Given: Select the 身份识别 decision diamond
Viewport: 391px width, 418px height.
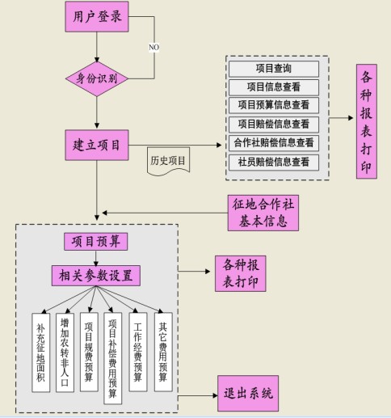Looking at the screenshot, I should [x=96, y=78].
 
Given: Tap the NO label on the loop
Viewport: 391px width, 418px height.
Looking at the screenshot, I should [x=153, y=47].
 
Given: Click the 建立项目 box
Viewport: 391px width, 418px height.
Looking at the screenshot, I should [x=96, y=145].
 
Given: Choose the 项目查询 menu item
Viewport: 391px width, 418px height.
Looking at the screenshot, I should [x=273, y=70].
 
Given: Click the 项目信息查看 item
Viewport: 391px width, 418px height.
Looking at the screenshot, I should [x=273, y=87].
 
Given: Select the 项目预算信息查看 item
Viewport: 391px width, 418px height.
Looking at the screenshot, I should [x=273, y=105].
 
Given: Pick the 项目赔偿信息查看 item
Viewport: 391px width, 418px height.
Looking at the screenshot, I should [x=273, y=125].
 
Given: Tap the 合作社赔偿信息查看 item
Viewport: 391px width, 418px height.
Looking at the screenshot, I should [x=273, y=143].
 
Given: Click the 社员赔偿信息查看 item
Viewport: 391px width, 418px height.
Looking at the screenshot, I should [x=273, y=162].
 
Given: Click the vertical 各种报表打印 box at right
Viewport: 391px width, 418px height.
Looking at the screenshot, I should [x=366, y=121].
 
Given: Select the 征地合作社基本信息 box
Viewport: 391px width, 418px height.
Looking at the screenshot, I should [x=262, y=213].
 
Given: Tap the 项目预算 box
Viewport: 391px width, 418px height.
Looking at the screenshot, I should [x=96, y=242].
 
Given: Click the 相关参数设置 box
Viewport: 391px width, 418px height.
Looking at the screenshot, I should [x=96, y=274].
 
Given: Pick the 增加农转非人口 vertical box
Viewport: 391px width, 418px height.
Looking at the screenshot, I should [x=65, y=352].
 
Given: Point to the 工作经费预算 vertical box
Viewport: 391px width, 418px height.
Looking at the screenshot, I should [x=138, y=352].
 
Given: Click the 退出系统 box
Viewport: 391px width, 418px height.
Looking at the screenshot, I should [x=247, y=394].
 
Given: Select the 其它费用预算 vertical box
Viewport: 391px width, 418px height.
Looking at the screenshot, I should [x=163, y=352].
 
